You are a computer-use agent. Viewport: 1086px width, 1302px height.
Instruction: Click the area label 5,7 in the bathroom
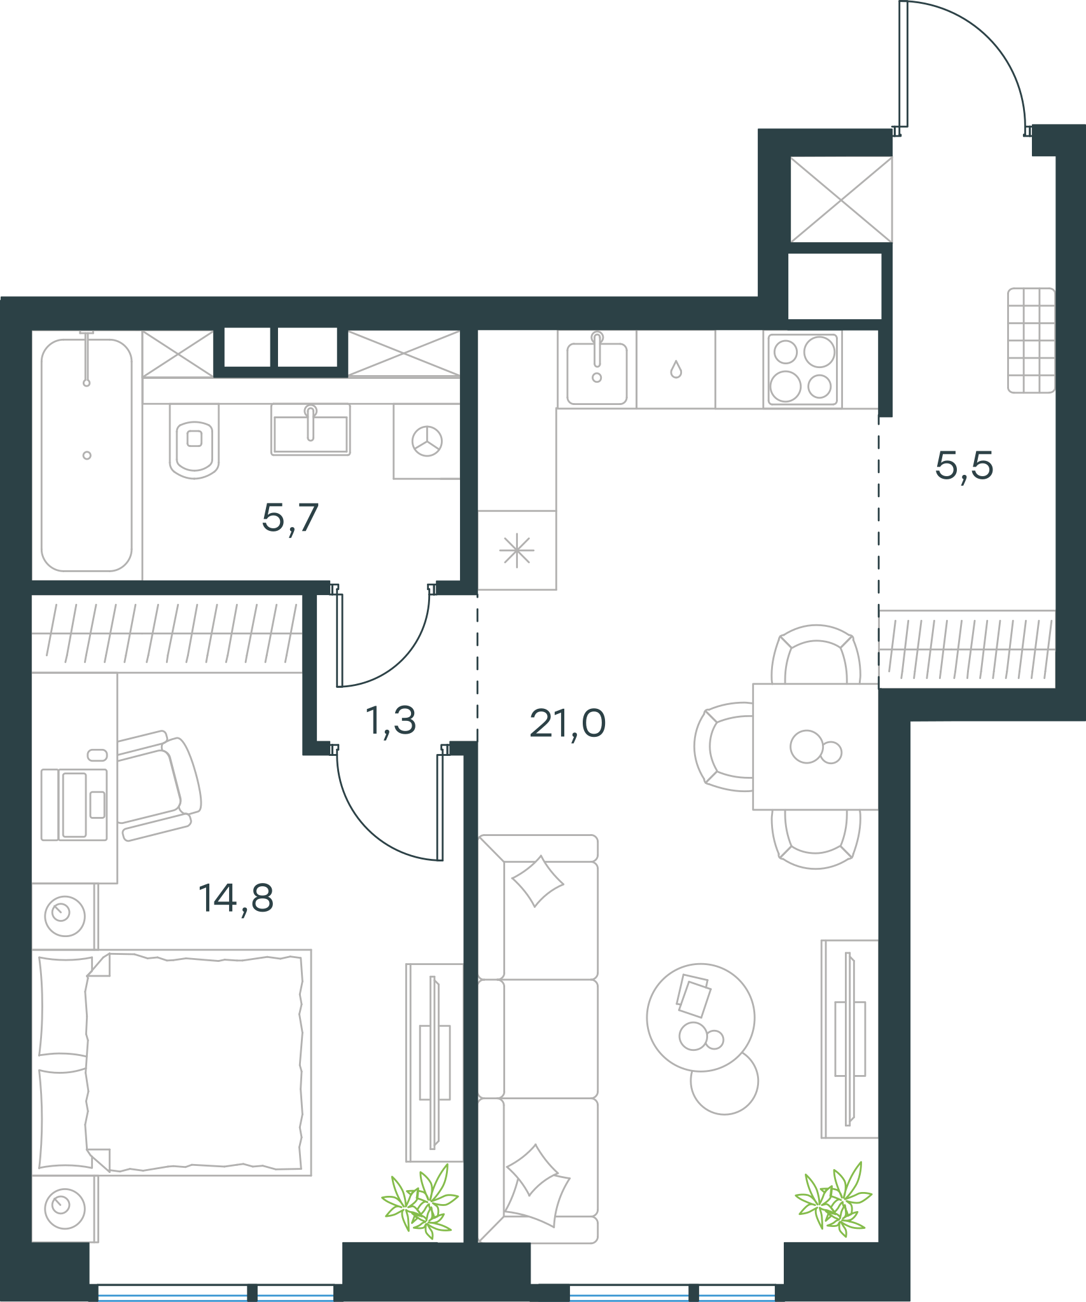[x=290, y=519]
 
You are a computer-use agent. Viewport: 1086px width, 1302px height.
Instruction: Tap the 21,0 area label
[x=567, y=723]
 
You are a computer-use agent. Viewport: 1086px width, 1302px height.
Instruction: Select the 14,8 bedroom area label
[x=236, y=899]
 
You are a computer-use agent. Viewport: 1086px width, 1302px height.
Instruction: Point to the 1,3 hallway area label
[x=391, y=722]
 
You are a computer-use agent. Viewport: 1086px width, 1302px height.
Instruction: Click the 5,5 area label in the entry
[x=964, y=466]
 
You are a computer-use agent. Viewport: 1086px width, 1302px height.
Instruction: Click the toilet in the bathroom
[x=194, y=441]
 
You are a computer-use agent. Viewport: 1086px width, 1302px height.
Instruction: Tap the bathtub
[x=87, y=455]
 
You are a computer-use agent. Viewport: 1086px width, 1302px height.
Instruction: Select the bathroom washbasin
[x=310, y=430]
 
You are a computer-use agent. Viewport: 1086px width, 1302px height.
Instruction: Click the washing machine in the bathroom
[x=426, y=441]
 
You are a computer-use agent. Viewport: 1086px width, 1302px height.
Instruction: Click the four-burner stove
[x=803, y=369]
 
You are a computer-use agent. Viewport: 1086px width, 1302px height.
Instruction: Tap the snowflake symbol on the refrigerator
[x=517, y=550]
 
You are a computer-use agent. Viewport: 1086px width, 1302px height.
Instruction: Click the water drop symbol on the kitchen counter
[x=676, y=369]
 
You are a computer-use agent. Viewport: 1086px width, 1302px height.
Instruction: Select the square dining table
[x=816, y=747]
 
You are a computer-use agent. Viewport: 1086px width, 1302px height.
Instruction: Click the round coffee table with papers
[x=700, y=1017]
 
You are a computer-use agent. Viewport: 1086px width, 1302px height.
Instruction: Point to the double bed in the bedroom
[x=172, y=1062]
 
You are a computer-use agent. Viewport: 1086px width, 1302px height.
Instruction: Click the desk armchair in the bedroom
[x=159, y=786]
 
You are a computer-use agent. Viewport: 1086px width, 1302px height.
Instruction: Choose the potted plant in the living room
[x=833, y=1199]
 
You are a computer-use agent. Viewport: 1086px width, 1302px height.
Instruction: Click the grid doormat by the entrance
[x=1031, y=341]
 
